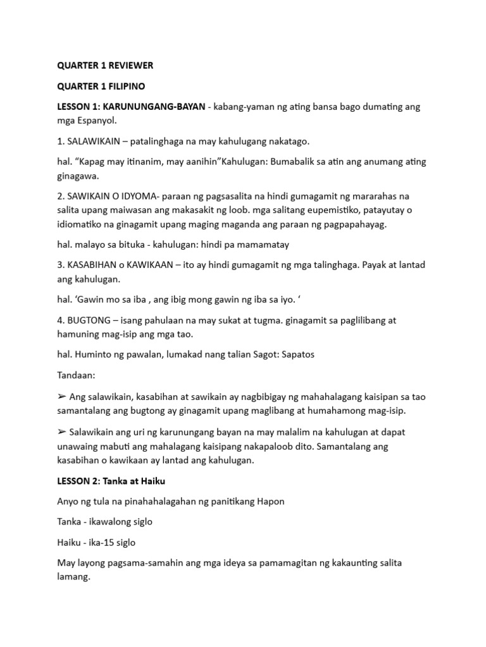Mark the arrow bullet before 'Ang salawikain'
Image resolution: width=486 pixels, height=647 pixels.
click(x=61, y=396)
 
